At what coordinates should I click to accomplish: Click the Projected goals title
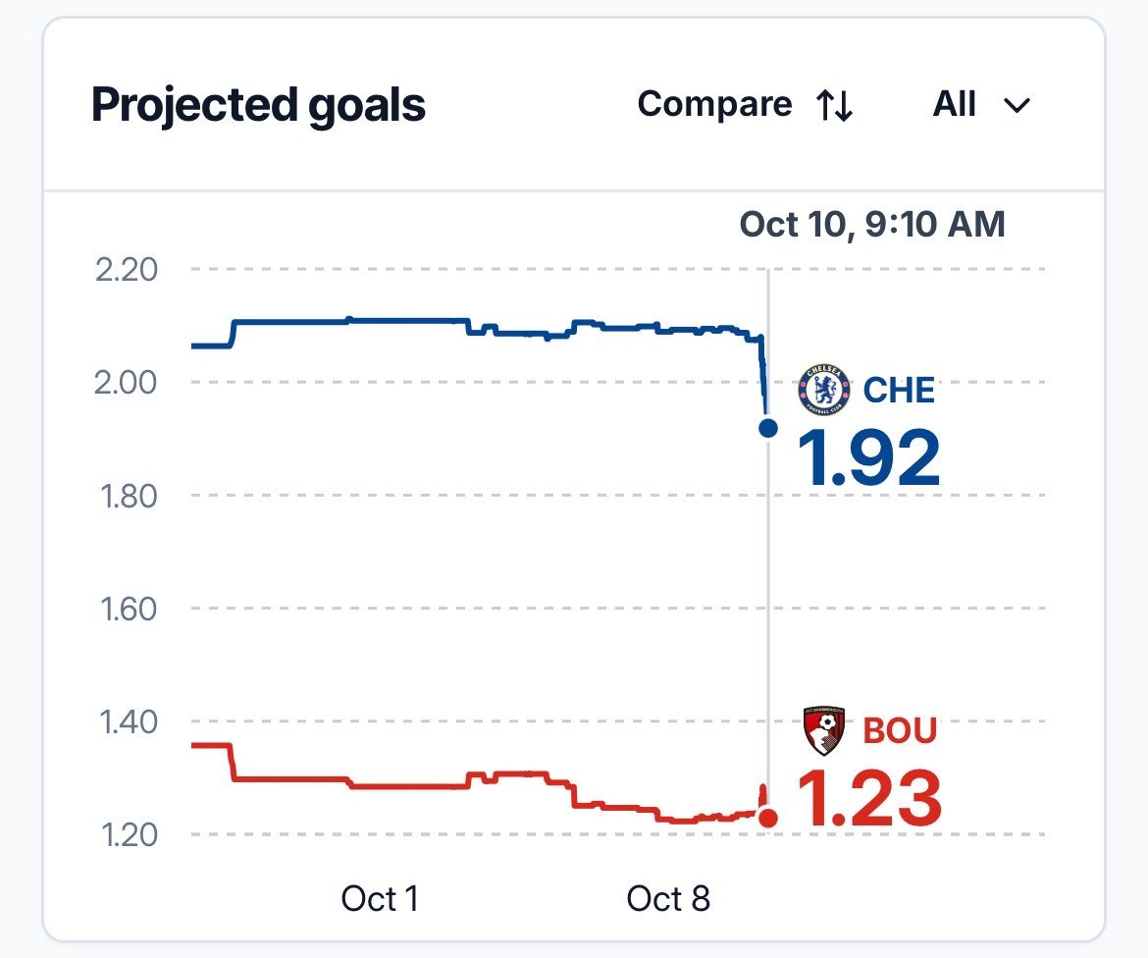pyautogui.click(x=258, y=106)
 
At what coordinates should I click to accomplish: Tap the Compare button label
pyautogui.click(x=714, y=105)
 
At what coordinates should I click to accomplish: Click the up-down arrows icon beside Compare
pyautogui.click(x=835, y=105)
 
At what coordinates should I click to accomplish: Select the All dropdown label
pyautogui.click(x=954, y=104)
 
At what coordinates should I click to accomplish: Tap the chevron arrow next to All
pyautogui.click(x=1017, y=106)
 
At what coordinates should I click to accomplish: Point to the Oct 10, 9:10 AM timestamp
pyautogui.click(x=872, y=224)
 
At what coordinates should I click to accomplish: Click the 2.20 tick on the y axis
pyautogui.click(x=126, y=270)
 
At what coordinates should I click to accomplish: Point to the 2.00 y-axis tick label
pyautogui.click(x=126, y=383)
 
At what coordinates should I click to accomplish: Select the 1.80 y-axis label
pyautogui.click(x=129, y=496)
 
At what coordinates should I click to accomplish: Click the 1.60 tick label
pyautogui.click(x=129, y=609)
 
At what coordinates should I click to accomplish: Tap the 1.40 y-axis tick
pyautogui.click(x=129, y=722)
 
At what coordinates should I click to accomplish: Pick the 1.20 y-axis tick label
pyautogui.click(x=129, y=835)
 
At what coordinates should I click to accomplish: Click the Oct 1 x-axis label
pyautogui.click(x=380, y=899)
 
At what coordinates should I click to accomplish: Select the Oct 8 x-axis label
pyautogui.click(x=668, y=899)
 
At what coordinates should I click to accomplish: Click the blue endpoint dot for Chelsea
pyautogui.click(x=768, y=428)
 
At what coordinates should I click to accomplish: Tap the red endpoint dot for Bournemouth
pyautogui.click(x=768, y=818)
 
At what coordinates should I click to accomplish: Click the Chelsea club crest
pyautogui.click(x=824, y=389)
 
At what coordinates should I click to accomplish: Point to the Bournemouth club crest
pyautogui.click(x=824, y=730)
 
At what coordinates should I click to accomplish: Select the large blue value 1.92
pyautogui.click(x=869, y=458)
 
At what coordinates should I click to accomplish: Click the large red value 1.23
pyautogui.click(x=869, y=798)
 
